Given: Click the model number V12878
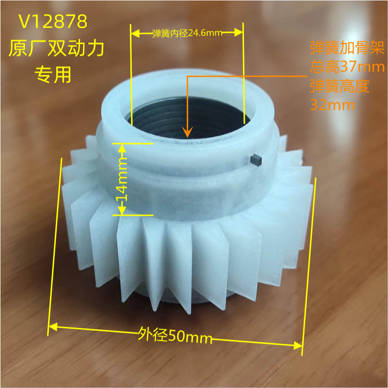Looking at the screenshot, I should coord(53,22).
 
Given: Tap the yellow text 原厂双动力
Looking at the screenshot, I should coord(57,48).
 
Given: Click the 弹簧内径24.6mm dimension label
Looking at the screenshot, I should coord(187,33).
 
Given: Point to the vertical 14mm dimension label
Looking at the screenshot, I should coord(121,179).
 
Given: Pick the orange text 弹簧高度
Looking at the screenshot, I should coord(339,86).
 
